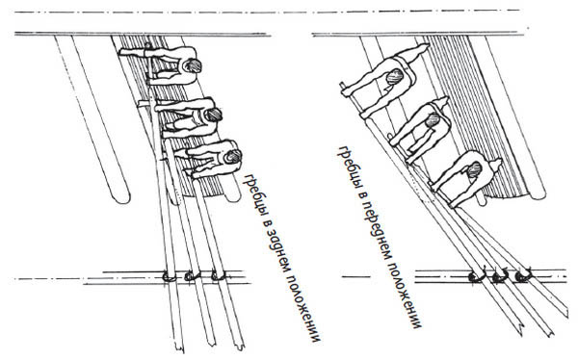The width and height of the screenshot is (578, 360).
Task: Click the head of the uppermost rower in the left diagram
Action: pyautogui.click(x=193, y=65)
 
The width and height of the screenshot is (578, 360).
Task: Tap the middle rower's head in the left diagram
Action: pyautogui.click(x=213, y=115)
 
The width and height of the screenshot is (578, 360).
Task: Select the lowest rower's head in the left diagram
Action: pyautogui.click(x=233, y=156)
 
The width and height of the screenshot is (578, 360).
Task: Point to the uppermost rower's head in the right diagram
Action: pyautogui.click(x=394, y=76)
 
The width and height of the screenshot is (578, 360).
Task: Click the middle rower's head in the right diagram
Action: pyautogui.click(x=433, y=120)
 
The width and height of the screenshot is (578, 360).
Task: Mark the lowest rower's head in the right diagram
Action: pyautogui.click(x=474, y=169)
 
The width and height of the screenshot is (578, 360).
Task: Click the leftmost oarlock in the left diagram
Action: pyautogui.click(x=169, y=276)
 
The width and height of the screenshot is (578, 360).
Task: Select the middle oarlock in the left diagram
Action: pyautogui.click(x=192, y=276)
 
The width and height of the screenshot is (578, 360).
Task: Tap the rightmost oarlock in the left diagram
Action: pyautogui.click(x=218, y=276)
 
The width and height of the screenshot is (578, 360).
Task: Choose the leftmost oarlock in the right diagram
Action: pyautogui.click(x=476, y=277)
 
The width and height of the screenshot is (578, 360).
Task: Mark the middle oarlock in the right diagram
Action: pyautogui.click(x=500, y=276)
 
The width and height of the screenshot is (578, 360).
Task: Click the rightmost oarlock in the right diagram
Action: pyautogui.click(x=523, y=275)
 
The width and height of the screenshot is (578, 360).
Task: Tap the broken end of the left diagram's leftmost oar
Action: pyautogui.click(x=179, y=348)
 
